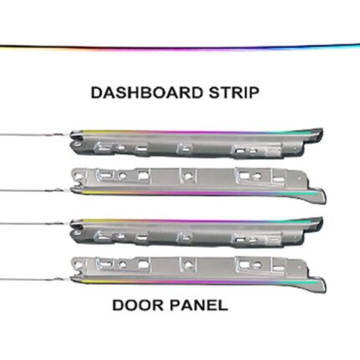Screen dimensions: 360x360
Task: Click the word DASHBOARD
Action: [147, 93]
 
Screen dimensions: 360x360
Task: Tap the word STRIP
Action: [234, 93]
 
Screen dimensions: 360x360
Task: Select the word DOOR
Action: [138, 305]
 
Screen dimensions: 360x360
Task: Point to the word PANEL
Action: [198, 305]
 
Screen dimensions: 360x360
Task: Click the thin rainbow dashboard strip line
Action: [180, 48]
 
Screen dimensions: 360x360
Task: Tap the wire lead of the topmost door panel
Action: [35, 135]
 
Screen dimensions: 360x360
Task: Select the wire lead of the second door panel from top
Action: [35, 190]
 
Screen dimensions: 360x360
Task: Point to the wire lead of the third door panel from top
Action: [35, 224]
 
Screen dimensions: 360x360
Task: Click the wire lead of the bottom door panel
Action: [35, 279]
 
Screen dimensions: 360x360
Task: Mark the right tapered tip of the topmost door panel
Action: [322, 130]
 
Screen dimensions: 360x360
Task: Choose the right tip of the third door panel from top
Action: [322, 219]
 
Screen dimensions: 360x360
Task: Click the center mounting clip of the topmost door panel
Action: [184, 148]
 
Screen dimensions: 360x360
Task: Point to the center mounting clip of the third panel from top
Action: [184, 237]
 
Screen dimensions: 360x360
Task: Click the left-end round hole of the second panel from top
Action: [78, 177]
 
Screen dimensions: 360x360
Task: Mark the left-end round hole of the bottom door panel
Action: [78, 265]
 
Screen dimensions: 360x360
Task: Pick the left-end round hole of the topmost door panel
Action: [76, 144]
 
